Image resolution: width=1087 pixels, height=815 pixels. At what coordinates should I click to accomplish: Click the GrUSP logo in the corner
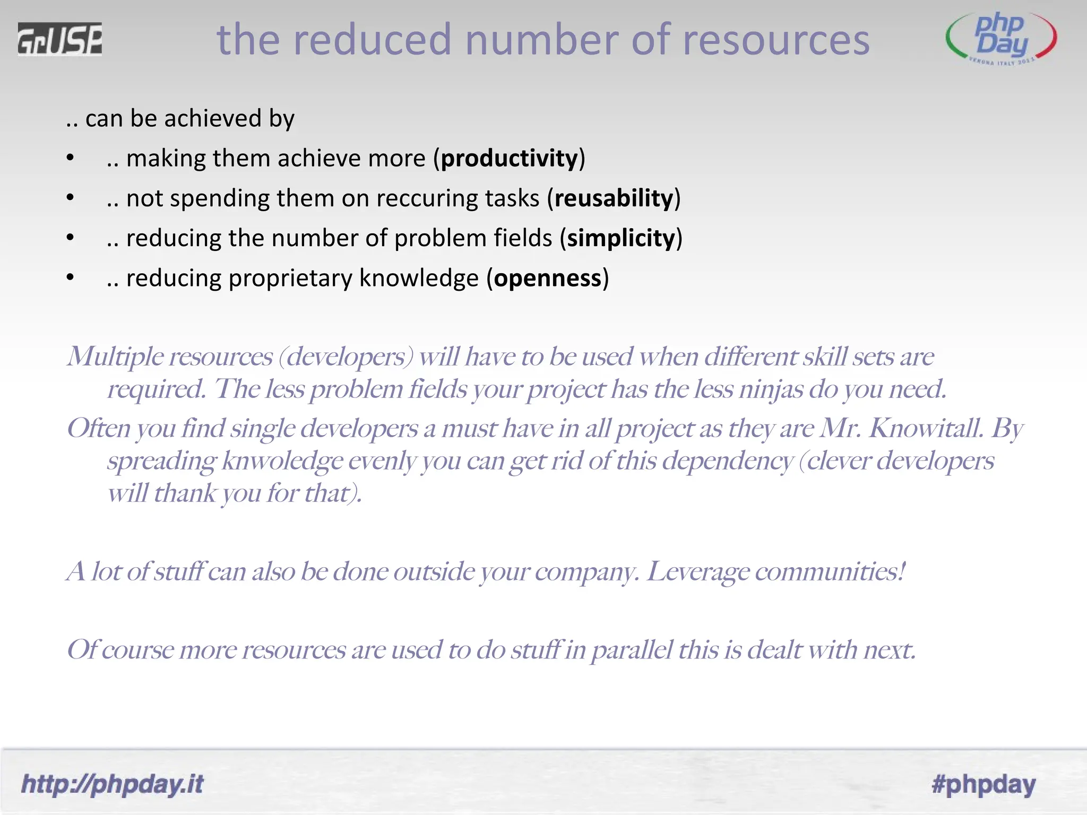click(59, 39)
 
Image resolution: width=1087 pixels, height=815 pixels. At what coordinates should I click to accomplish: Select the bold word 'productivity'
click(509, 159)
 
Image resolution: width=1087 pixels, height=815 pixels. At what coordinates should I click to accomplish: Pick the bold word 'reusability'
click(614, 198)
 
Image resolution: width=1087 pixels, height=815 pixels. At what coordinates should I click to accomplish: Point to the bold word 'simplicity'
click(621, 238)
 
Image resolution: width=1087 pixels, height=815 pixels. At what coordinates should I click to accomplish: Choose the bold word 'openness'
click(548, 278)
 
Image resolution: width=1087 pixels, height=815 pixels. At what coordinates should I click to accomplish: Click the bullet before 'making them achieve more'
click(70, 158)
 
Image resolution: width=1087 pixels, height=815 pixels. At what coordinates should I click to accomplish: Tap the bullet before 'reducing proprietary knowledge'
click(70, 278)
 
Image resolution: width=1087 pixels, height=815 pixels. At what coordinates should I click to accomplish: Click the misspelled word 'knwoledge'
click(282, 461)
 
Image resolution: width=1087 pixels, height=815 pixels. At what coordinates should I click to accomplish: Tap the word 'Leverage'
click(697, 571)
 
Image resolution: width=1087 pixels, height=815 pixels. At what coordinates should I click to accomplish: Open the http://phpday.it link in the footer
click(112, 784)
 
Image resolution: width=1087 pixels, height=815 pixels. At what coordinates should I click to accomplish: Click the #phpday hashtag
click(984, 784)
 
